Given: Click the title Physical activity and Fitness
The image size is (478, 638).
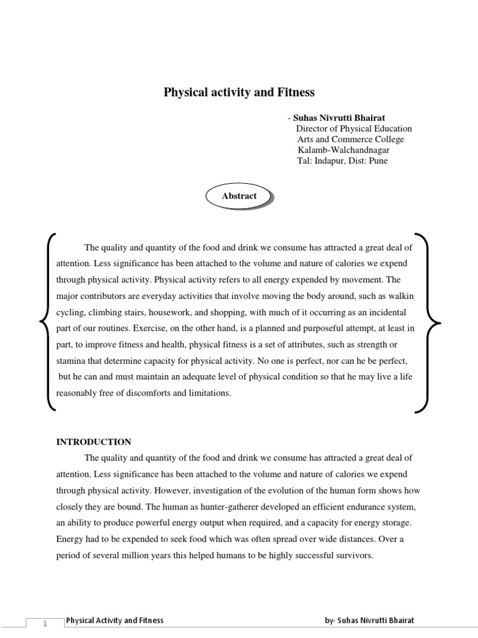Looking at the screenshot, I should [239, 92].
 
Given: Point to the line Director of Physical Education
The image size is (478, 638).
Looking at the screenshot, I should [354, 128].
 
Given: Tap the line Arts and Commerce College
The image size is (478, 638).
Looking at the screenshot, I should [350, 139].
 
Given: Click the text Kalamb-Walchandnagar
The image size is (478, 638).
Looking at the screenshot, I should [344, 150].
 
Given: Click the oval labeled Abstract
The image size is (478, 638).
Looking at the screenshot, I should [240, 196].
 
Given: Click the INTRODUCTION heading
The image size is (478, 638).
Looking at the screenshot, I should [94, 442].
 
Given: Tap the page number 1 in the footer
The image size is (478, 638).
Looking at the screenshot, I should [45, 622].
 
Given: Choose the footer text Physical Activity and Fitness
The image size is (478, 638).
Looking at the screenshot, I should [115, 620].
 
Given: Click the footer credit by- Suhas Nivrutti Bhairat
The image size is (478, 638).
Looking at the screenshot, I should [369, 620].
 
